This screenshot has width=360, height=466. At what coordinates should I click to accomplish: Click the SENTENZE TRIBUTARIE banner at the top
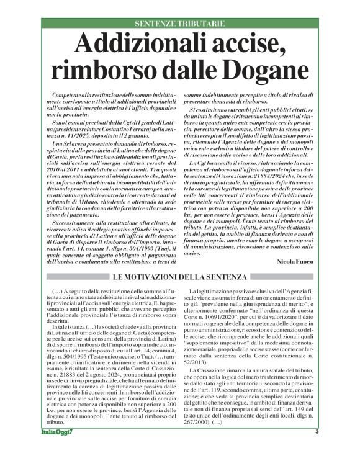pos(180,24)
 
